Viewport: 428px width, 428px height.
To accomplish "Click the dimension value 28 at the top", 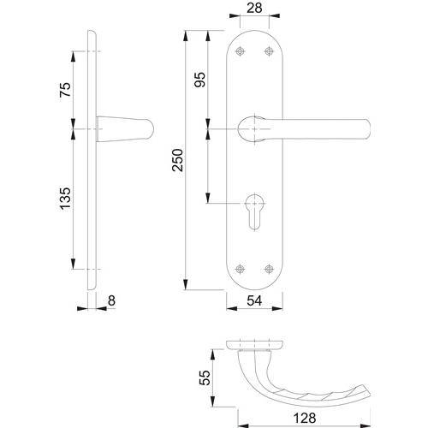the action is tap(254, 8).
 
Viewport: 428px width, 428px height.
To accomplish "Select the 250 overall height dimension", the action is tap(177, 160).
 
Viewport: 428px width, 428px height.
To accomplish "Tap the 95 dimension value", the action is tap(199, 80).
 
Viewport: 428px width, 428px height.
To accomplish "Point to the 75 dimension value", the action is tap(65, 90).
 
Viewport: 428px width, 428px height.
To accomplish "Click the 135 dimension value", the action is tap(65, 199).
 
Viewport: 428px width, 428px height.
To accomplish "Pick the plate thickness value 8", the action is tap(111, 300).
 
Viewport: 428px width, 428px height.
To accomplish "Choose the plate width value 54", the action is tap(254, 300).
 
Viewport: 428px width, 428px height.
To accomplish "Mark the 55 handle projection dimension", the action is tap(205, 377).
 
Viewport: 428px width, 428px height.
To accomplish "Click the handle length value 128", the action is tap(305, 419).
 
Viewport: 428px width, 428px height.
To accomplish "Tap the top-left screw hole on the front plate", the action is tap(241, 51).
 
